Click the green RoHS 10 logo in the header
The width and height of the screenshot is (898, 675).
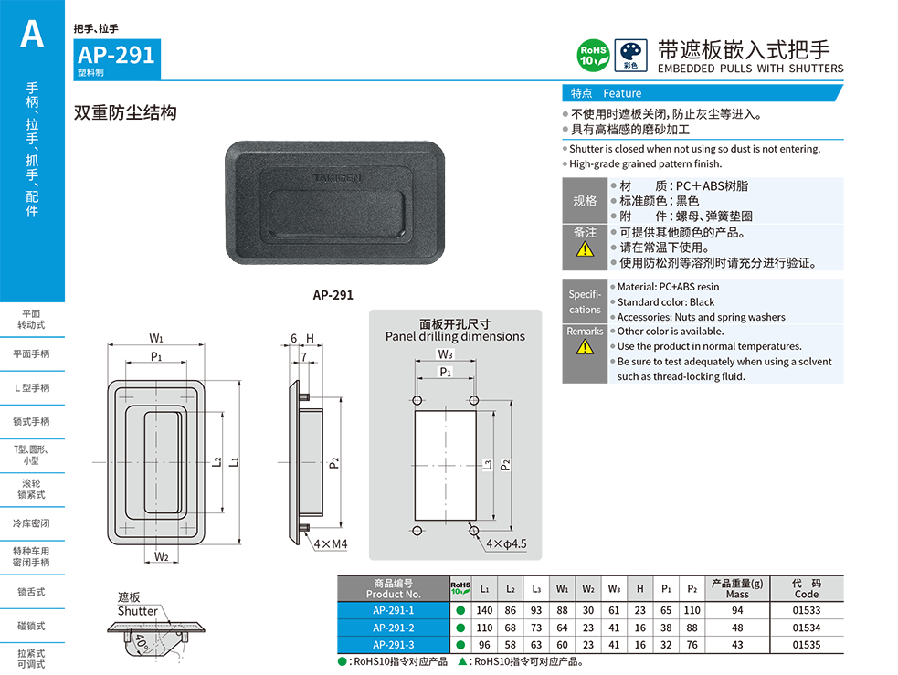click(x=593, y=56)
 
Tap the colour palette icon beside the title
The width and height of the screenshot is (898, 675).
click(x=630, y=56)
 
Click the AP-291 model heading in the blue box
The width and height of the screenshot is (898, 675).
click(x=116, y=55)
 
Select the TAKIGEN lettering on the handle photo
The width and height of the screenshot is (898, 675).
click(x=337, y=178)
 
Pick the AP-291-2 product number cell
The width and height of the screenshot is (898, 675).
click(x=394, y=628)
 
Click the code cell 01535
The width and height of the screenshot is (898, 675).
click(x=807, y=645)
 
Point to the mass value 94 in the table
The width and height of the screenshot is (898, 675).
click(x=737, y=610)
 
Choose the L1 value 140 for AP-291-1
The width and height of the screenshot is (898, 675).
click(x=484, y=610)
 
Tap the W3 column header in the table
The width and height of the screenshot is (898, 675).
click(x=614, y=588)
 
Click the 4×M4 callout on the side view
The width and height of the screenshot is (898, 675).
click(x=331, y=543)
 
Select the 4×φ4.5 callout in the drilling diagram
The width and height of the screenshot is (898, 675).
click(x=506, y=543)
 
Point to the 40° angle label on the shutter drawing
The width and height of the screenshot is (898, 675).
click(x=141, y=642)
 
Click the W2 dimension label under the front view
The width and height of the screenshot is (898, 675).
click(x=162, y=556)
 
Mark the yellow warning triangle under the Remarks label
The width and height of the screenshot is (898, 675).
click(x=585, y=347)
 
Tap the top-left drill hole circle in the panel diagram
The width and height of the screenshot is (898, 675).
click(x=417, y=400)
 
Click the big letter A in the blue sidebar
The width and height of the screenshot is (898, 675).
click(x=32, y=34)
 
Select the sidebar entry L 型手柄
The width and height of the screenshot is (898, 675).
click(x=32, y=387)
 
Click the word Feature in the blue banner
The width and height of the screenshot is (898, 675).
click(x=622, y=93)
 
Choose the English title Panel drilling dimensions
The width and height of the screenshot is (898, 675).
click(x=455, y=337)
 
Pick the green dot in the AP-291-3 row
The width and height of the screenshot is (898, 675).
click(x=460, y=645)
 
